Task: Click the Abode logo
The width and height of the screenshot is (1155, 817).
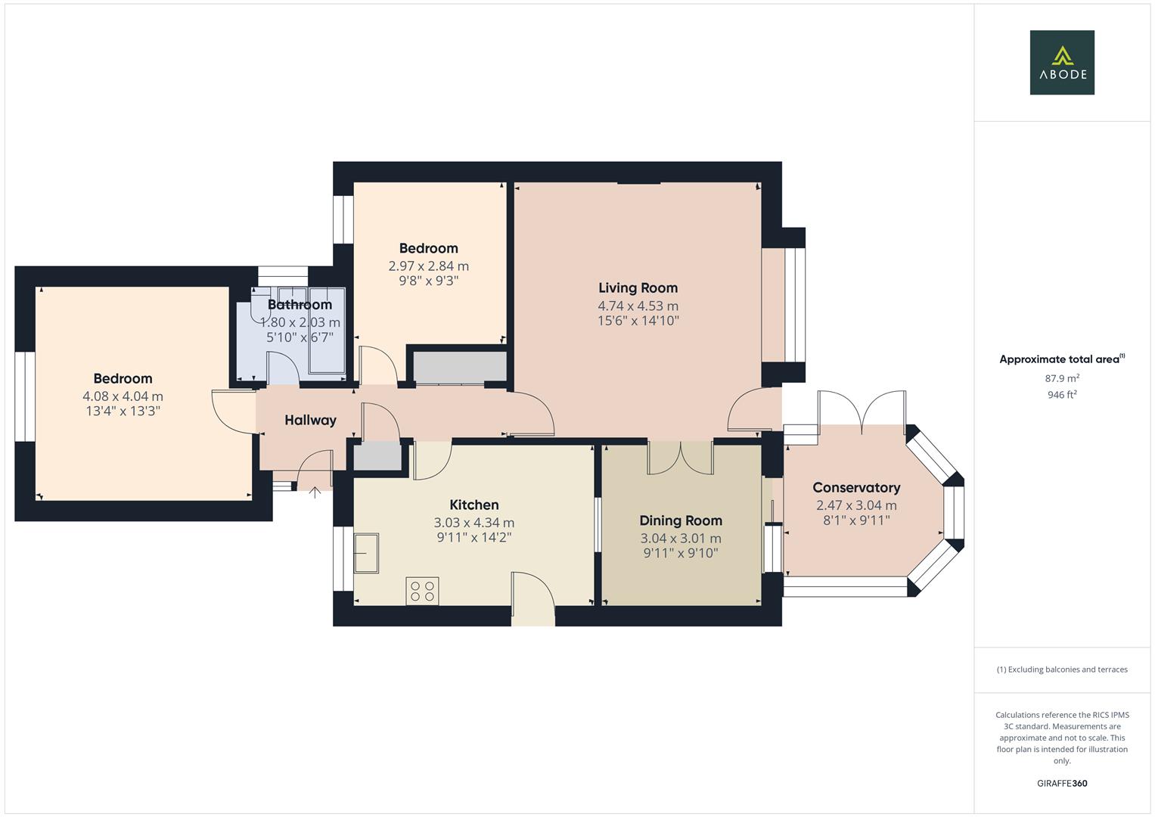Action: click(1062, 62)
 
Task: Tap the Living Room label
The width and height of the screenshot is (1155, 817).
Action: click(638, 287)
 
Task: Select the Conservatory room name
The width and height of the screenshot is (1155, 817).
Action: click(856, 487)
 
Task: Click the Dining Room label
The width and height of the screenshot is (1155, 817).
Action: click(681, 520)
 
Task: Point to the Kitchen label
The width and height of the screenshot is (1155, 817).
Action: click(473, 505)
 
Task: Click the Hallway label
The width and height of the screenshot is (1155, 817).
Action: click(310, 421)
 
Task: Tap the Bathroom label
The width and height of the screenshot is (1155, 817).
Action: click(300, 304)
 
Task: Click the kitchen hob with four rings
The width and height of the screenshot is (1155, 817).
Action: click(422, 591)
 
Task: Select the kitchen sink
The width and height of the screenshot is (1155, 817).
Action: click(366, 553)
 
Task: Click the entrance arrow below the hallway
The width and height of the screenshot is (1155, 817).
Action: click(315, 492)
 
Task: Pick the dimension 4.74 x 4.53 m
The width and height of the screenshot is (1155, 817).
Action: click(638, 306)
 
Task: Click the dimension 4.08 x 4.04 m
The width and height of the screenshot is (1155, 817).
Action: click(123, 396)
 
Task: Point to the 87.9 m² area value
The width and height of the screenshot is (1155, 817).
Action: click(1062, 378)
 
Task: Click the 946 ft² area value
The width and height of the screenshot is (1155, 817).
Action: click(1062, 395)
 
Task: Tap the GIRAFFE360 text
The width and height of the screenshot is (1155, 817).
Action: click(1062, 783)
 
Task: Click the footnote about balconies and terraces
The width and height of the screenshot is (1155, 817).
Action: click(1062, 669)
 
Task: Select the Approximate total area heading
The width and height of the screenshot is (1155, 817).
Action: click(1062, 359)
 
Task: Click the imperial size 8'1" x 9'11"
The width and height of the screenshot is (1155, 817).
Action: click(856, 520)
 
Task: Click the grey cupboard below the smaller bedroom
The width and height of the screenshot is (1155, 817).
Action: click(460, 367)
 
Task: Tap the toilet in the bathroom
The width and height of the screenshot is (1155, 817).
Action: click(261, 306)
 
